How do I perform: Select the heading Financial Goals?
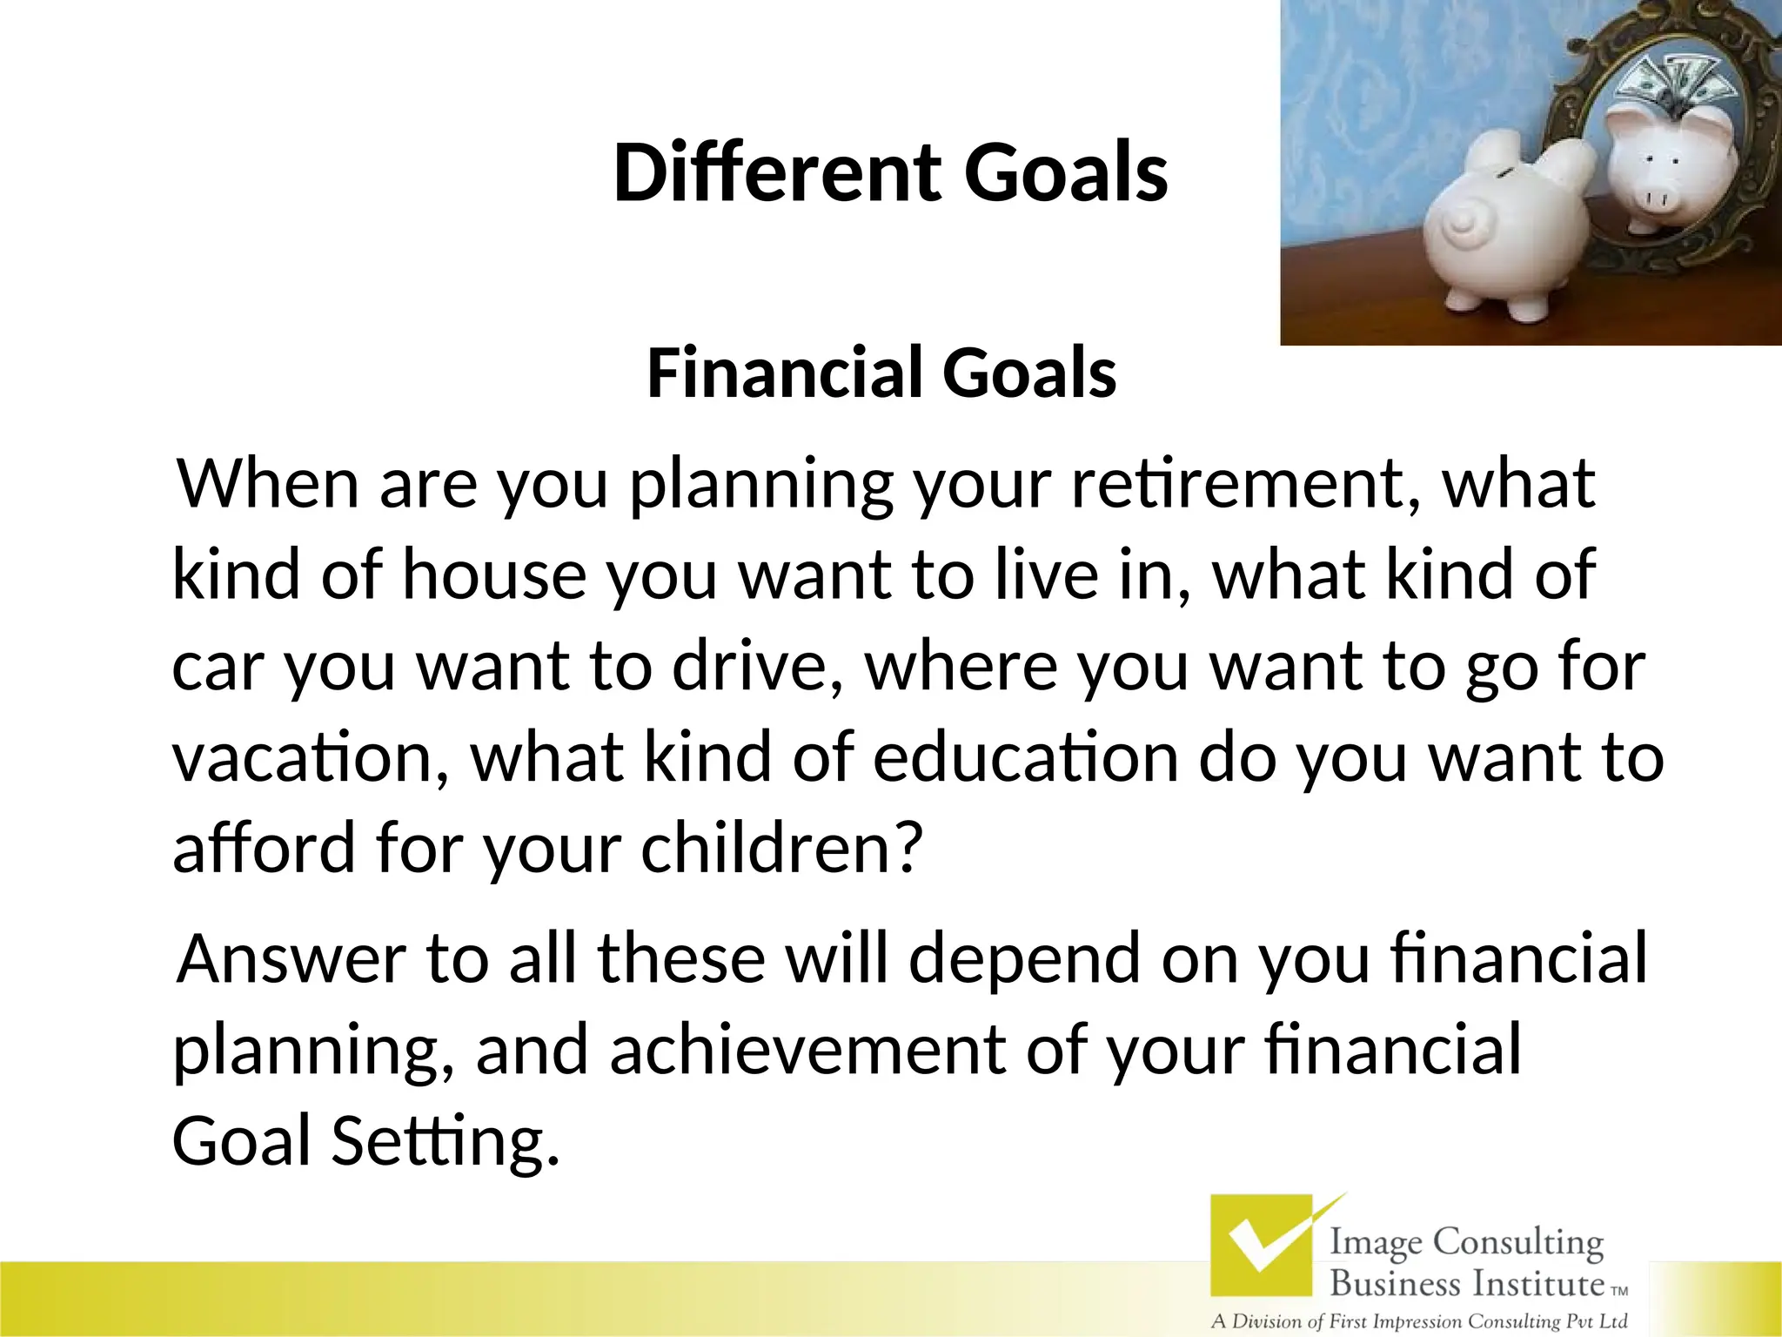click(881, 373)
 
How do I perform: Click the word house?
click(493, 575)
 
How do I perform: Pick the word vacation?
click(311, 757)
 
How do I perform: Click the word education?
click(1024, 757)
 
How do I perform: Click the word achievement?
click(807, 1050)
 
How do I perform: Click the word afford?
click(264, 848)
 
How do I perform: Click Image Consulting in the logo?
click(1465, 1242)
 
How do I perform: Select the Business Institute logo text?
click(1466, 1283)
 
